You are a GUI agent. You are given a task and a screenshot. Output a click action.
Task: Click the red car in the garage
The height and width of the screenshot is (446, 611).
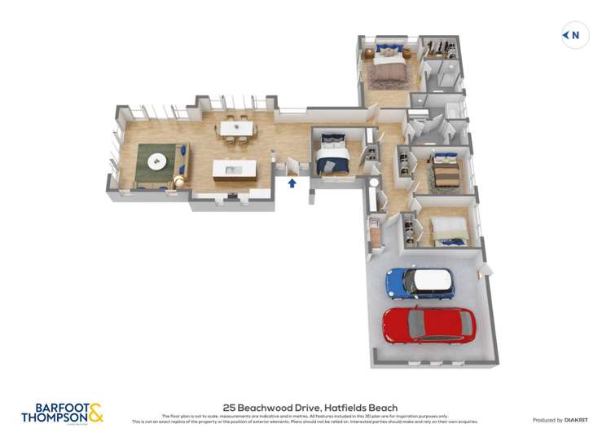(429, 325)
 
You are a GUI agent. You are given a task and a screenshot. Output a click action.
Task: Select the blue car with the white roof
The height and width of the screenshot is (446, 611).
(420, 283)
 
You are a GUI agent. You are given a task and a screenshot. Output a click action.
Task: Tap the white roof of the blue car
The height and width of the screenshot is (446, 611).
(433, 282)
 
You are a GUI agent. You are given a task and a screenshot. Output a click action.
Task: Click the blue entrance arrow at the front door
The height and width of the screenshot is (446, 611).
(292, 183)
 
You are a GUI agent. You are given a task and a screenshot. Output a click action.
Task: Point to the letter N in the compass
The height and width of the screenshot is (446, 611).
(576, 34)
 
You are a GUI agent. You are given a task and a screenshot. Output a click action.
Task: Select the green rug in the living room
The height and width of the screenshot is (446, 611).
(159, 162)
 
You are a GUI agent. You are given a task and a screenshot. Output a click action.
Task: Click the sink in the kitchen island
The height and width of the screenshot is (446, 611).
(231, 170)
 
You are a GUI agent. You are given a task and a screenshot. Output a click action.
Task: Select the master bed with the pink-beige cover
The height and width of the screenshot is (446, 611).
(389, 67)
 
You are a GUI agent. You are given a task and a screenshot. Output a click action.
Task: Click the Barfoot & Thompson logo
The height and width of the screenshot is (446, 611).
(62, 413)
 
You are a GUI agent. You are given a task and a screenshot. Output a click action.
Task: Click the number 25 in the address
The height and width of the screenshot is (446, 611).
(230, 408)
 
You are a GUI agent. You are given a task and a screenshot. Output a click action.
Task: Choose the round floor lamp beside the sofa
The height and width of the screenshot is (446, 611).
(178, 179)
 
